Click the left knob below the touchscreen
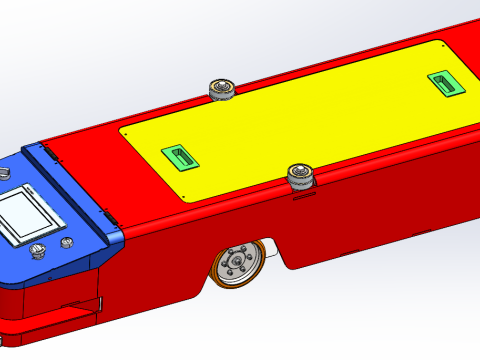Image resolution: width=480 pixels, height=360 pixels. click(39, 250)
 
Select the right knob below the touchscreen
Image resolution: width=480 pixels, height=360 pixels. click(67, 242)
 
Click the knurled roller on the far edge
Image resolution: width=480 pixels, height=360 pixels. click(221, 90)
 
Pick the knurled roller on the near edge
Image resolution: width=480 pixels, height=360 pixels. click(300, 178)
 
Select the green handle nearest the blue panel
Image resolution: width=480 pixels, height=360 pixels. click(181, 157)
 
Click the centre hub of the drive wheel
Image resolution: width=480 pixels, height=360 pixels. click(238, 265)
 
